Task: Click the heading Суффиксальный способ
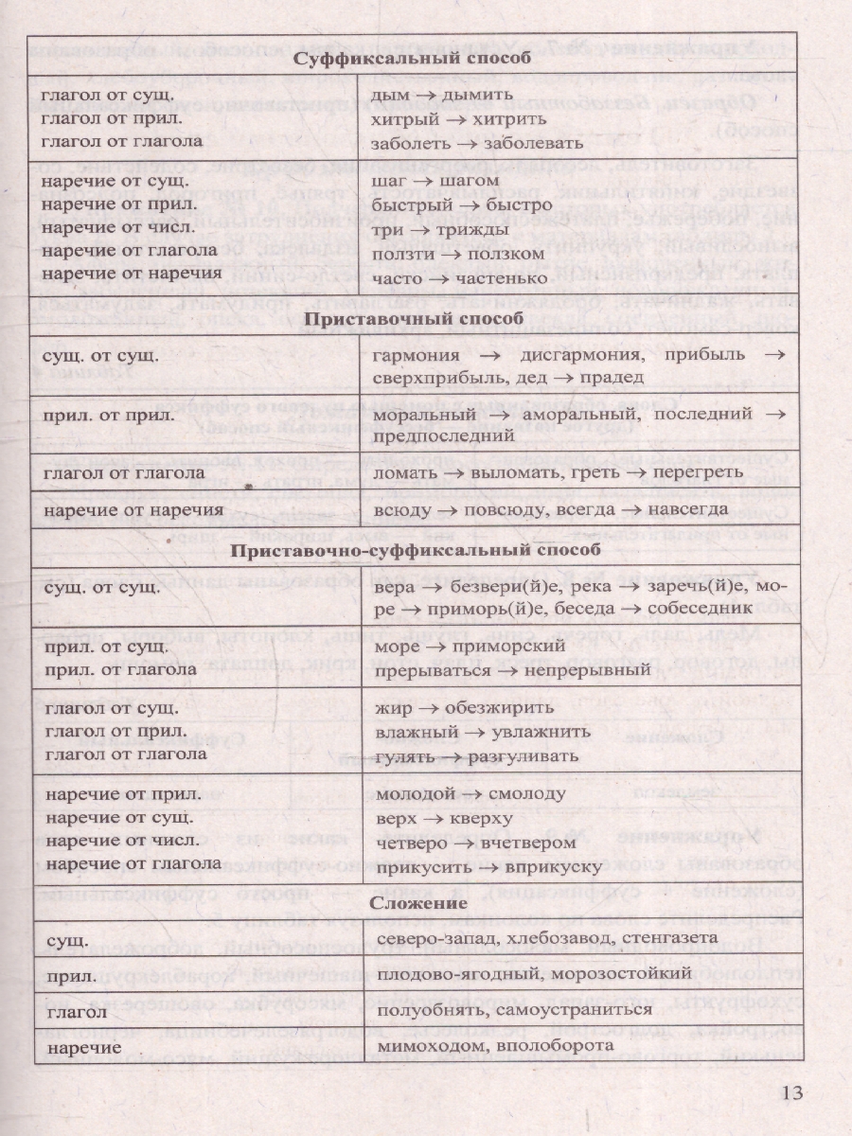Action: point(414,60)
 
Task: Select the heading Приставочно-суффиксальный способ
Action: point(416,551)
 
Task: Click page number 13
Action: point(792,1095)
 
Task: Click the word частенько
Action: point(504,278)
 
